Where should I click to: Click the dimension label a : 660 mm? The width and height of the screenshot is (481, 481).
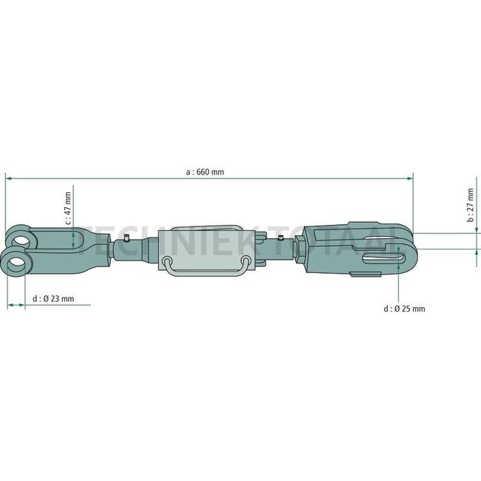coord(205,172)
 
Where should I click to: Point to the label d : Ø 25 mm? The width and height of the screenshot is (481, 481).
coord(404,309)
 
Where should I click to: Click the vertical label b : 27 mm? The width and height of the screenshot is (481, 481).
coord(470,208)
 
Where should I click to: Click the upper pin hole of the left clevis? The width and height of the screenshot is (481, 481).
coord(22,238)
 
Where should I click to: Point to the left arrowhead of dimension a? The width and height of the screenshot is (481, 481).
coord(9,178)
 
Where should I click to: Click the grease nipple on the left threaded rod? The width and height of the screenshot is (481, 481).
coord(127,238)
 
